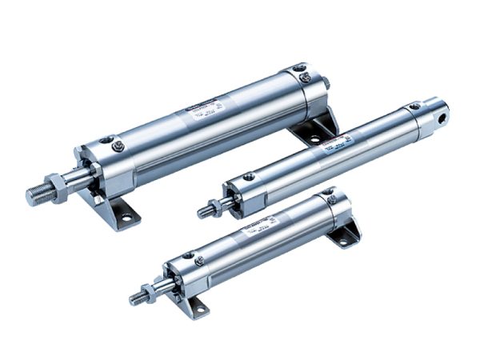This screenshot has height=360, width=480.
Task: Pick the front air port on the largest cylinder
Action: coord(117,146)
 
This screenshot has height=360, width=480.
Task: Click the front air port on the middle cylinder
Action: coord(250,176)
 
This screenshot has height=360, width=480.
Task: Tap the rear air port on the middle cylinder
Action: coord(414,107)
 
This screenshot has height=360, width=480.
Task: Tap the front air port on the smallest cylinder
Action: coord(187,255)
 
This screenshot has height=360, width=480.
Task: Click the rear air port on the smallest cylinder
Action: coord(328,193)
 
